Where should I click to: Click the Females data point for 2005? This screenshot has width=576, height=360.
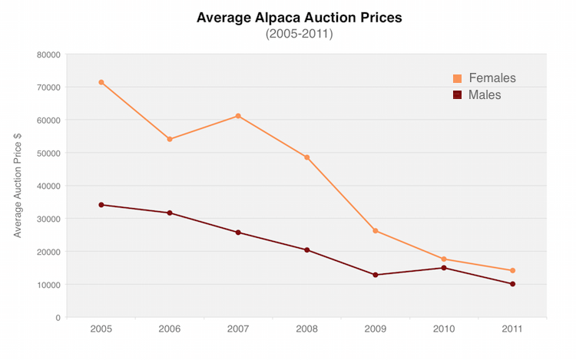pos(101,82)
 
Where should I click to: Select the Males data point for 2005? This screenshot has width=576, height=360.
pos(101,205)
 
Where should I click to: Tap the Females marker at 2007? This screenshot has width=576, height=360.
pos(238,116)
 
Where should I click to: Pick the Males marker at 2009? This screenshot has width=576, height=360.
pos(376,275)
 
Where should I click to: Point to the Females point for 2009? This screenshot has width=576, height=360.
pos(376,231)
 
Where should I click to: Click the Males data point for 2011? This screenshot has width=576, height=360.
pos(512,284)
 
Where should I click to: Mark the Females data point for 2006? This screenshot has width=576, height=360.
pos(170,139)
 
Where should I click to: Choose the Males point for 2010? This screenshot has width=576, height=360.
pos(444,268)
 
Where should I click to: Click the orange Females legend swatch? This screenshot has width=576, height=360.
pos(458,78)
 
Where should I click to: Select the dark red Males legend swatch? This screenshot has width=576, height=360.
pos(458,95)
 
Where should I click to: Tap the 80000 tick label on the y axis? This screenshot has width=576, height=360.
pos(48,54)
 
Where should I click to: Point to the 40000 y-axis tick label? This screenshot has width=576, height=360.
pos(48,186)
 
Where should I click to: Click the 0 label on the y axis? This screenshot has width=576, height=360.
pos(58,318)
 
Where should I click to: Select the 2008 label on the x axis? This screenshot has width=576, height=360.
pos(306,329)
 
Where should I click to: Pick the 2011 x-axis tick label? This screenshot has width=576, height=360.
pos(512,329)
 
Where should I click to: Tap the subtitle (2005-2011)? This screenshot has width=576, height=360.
pos(299,35)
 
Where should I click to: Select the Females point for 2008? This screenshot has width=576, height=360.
pos(306,157)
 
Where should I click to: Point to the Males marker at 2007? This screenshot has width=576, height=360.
pos(238,233)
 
